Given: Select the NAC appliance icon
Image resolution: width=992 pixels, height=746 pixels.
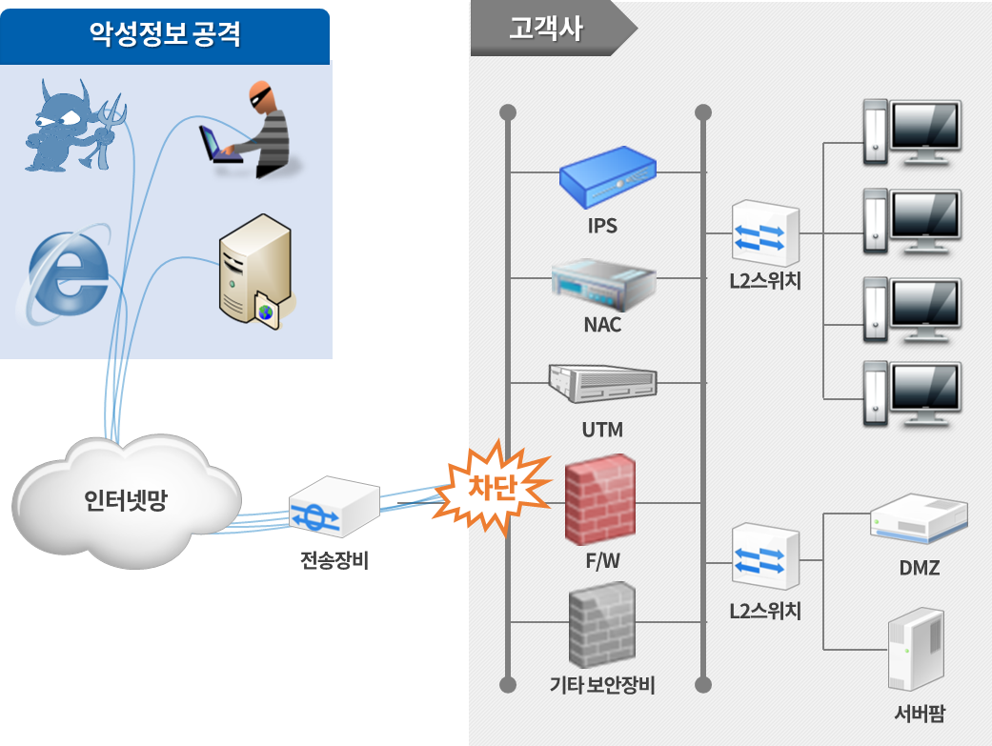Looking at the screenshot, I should tap(603, 281).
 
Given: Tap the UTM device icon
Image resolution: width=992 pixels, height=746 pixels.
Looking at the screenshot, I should tap(603, 383).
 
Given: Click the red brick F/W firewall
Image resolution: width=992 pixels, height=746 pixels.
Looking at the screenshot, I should tap(599, 502).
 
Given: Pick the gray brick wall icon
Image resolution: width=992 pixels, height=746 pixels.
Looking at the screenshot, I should tap(601, 625).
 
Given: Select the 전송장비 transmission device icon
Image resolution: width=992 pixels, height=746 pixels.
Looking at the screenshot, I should tap(333, 508).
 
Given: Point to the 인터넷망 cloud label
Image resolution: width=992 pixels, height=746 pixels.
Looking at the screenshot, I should tap(125, 500).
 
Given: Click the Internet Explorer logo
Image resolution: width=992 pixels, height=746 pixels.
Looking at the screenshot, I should tap(65, 276).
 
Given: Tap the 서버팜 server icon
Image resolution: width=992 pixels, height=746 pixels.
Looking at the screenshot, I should tap(916, 651).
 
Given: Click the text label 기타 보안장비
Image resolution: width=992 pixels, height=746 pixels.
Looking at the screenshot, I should tap(602, 685).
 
